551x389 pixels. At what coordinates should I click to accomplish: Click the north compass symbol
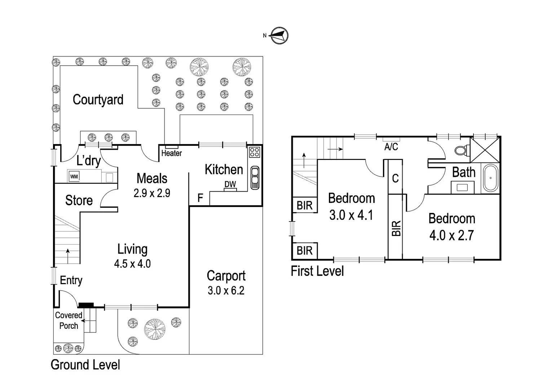click(x=279, y=36)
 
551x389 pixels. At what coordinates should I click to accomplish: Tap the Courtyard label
click(x=98, y=100)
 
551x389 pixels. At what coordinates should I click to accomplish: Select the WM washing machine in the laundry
click(x=74, y=176)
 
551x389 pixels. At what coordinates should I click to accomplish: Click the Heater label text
click(x=171, y=153)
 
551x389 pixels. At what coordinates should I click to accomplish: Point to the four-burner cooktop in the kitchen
click(x=255, y=152)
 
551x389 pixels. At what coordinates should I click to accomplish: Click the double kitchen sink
click(x=255, y=177)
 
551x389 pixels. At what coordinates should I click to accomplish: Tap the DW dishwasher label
click(x=230, y=184)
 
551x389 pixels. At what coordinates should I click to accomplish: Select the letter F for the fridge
click(x=200, y=198)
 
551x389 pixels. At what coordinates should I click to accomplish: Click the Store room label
click(x=79, y=200)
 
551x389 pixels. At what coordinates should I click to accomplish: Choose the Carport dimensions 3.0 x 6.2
click(x=226, y=290)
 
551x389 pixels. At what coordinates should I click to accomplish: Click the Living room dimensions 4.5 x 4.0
click(x=132, y=264)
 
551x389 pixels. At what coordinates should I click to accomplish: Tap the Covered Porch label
click(x=69, y=320)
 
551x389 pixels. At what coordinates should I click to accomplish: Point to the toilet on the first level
click(x=461, y=150)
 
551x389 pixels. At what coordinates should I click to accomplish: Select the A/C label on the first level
click(x=391, y=147)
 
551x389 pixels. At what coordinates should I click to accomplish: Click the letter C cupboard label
click(x=395, y=178)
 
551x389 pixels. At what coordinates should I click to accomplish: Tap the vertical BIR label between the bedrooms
click(x=396, y=228)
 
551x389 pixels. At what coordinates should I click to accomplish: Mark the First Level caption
click(x=317, y=271)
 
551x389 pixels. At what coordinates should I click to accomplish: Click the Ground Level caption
click(x=85, y=365)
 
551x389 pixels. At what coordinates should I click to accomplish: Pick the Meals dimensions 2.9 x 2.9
click(x=152, y=193)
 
